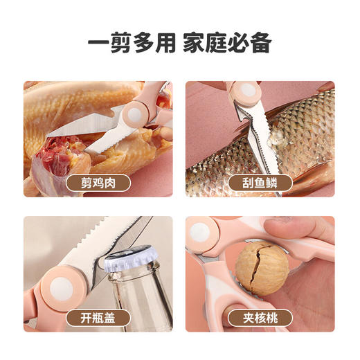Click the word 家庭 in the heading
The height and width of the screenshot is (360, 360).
click(x=202, y=43)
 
